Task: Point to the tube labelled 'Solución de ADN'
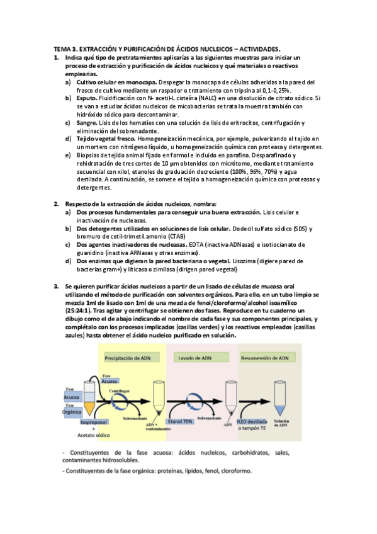coord(283,402)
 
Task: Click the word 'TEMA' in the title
coord(61,48)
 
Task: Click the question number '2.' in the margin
coord(56,203)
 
